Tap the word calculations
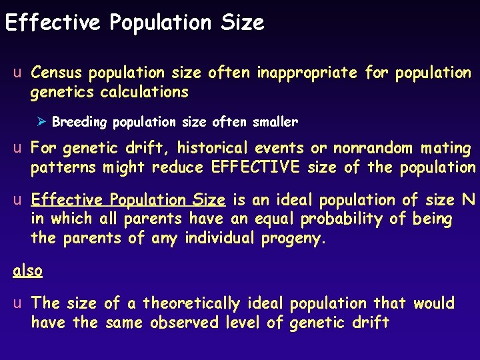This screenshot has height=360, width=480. point(144,91)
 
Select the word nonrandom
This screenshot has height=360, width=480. point(377,147)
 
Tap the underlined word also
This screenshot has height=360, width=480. point(28,270)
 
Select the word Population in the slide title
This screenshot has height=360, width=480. point(161,23)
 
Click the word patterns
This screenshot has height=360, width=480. point(63,167)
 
